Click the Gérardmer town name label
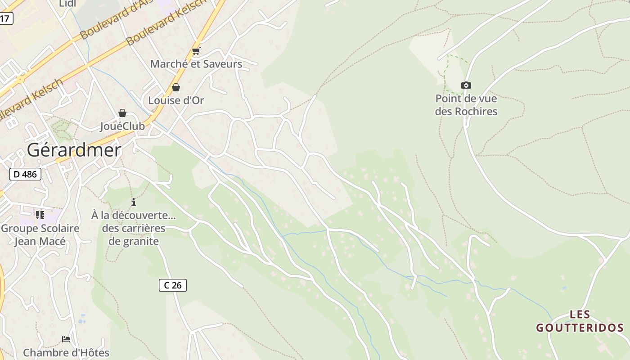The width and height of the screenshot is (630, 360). [x=74, y=150]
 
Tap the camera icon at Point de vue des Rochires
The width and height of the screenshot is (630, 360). [x=466, y=85]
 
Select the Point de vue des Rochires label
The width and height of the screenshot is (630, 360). [x=466, y=105]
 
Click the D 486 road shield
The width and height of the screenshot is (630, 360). [x=25, y=174]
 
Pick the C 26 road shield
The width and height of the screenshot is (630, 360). [x=173, y=285]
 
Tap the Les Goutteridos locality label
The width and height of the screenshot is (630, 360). [x=580, y=321]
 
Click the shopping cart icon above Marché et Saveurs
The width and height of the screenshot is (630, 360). [x=196, y=51]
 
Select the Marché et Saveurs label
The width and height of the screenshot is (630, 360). [x=196, y=64]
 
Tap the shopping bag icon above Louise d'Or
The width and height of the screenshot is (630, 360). [x=176, y=87]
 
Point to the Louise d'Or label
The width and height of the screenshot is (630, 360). [x=176, y=100]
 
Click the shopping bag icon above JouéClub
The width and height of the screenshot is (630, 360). [x=122, y=113]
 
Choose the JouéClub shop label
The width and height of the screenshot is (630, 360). [x=122, y=126]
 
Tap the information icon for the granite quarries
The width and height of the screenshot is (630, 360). [x=134, y=202]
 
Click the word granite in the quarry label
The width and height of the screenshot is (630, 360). [x=140, y=241]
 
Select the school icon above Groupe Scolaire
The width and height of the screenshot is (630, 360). [x=40, y=215]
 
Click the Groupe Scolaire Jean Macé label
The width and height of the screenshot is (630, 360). [x=40, y=234]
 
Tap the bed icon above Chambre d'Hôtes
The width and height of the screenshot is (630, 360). [x=66, y=339]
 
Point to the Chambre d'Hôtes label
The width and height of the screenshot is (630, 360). [x=66, y=352]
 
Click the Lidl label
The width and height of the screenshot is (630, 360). [x=67, y=4]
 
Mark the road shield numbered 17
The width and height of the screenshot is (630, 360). [x=5, y=18]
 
